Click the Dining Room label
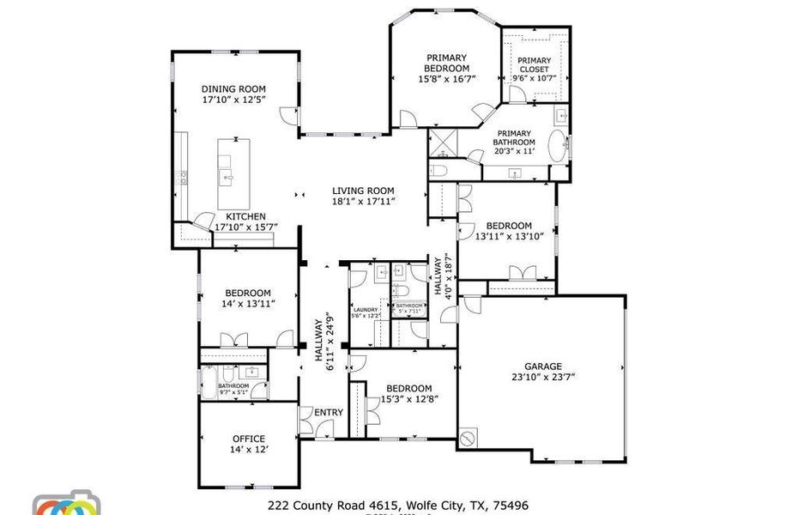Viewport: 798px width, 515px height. click(x=233, y=88)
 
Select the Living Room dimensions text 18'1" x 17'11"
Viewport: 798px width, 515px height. click(x=363, y=202)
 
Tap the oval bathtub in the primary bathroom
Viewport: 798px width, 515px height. click(x=558, y=146)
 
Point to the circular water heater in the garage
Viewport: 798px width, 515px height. click(x=468, y=439)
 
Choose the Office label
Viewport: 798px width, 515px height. click(x=248, y=439)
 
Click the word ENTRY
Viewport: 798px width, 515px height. click(x=328, y=413)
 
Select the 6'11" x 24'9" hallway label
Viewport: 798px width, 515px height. click(x=323, y=343)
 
